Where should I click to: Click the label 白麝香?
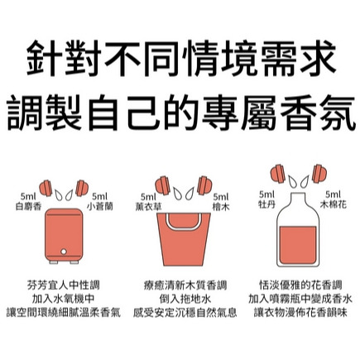(28, 206)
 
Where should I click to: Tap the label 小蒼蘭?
(100, 206)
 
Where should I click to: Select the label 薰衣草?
(148, 207)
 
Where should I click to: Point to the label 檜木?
(221, 207)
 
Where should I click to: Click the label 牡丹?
(266, 204)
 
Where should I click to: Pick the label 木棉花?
(333, 204)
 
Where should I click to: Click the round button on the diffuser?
(64, 252)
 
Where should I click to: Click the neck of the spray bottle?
(298, 199)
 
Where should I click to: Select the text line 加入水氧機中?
(64, 299)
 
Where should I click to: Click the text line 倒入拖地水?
(185, 299)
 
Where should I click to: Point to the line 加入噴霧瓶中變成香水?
(300, 299)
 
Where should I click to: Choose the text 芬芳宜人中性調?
(64, 286)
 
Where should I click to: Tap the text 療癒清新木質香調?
(185, 286)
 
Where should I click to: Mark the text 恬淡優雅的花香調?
(300, 286)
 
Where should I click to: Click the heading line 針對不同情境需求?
(180, 58)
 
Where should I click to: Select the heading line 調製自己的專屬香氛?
(180, 113)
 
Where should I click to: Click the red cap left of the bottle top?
(278, 174)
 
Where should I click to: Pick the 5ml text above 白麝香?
(28, 197)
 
